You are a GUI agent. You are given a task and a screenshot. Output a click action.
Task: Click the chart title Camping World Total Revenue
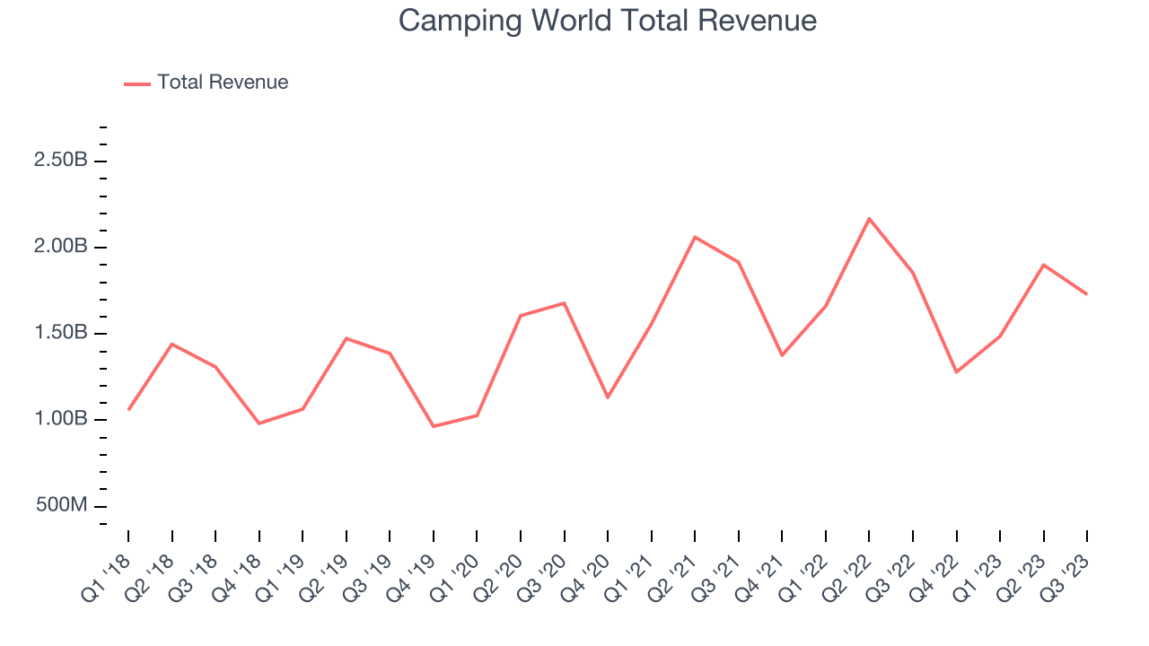point(608,21)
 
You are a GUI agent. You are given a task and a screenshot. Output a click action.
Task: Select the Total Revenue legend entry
point(222,83)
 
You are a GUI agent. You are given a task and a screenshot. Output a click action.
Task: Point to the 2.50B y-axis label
point(61,161)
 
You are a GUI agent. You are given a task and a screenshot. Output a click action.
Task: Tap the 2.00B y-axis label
point(61,247)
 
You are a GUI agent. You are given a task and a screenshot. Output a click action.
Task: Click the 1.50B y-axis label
point(61,333)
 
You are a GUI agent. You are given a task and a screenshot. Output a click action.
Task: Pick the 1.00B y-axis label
point(61,419)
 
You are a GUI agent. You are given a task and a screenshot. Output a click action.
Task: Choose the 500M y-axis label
point(62,505)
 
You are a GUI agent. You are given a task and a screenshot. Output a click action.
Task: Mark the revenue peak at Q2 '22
point(869,218)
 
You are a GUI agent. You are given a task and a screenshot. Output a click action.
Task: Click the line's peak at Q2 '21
point(695,237)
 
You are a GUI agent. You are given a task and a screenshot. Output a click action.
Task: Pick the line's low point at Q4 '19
point(434,426)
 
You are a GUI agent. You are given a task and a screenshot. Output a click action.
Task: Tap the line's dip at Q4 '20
point(608,397)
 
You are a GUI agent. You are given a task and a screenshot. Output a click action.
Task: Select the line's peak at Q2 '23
point(1043,265)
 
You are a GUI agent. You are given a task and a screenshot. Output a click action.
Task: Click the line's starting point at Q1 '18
point(128,410)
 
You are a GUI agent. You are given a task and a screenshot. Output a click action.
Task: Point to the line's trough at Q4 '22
point(956,371)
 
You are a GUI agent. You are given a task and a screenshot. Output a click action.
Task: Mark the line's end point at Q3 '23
point(1087,294)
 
